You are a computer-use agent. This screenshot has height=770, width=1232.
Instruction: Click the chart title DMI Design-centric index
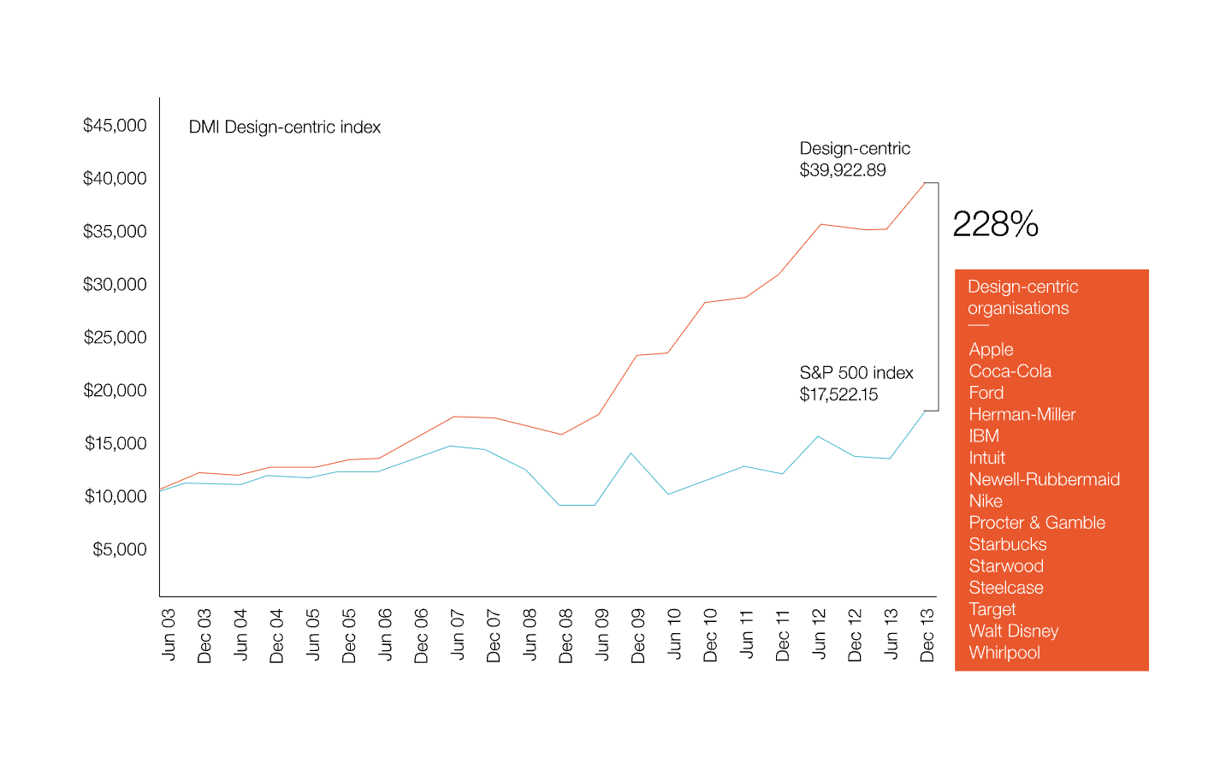click(284, 127)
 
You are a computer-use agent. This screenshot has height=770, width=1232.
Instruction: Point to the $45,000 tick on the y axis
click(115, 126)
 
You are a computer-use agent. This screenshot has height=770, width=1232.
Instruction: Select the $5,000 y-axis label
click(119, 549)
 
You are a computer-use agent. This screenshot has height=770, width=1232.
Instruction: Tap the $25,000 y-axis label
click(115, 337)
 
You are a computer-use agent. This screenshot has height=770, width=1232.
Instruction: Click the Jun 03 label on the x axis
click(169, 634)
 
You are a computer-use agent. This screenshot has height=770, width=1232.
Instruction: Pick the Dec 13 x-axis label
click(927, 635)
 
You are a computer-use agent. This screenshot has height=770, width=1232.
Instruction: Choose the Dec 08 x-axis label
click(566, 635)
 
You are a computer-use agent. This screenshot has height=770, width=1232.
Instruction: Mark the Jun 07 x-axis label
click(457, 634)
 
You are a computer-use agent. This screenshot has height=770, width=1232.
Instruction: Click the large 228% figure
click(995, 225)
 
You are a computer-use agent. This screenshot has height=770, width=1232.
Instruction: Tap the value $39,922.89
click(843, 170)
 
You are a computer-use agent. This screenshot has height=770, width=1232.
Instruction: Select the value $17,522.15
click(838, 394)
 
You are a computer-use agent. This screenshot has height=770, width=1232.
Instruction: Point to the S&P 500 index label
click(856, 373)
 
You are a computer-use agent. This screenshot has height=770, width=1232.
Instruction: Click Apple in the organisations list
click(991, 349)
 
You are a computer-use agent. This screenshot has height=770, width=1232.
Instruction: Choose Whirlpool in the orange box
click(1004, 653)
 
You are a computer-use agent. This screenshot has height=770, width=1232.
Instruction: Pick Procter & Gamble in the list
click(1037, 523)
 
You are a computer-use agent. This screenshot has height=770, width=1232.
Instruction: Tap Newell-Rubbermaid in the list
click(1044, 479)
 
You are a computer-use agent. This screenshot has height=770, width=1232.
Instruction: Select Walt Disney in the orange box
click(1013, 631)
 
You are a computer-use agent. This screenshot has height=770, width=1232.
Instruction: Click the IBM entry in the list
click(984, 436)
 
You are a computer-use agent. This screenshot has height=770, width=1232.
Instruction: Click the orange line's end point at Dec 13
click(925, 182)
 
